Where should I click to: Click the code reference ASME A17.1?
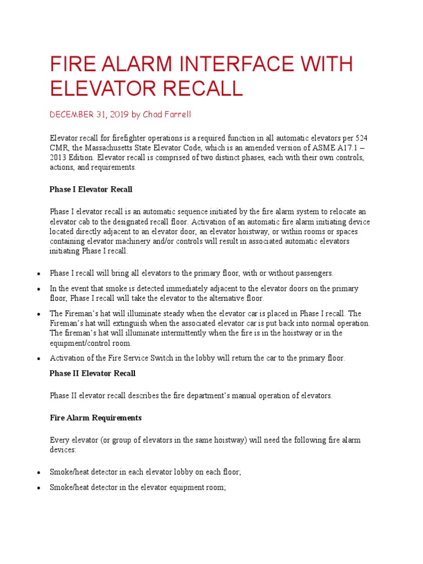334,148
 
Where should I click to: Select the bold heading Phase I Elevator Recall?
91,189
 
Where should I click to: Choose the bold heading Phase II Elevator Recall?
93,373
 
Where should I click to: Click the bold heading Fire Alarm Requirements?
96,418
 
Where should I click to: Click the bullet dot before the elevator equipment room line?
38,488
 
